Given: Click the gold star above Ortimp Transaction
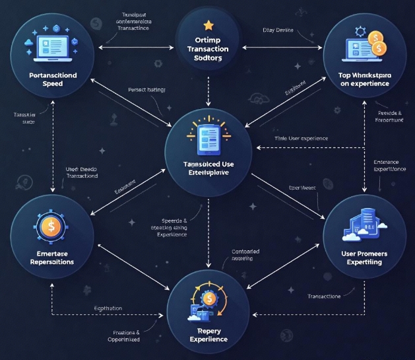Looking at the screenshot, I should [x=208, y=26].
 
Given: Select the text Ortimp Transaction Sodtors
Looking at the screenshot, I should [x=208, y=50].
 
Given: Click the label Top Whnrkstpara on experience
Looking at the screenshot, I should [x=365, y=79].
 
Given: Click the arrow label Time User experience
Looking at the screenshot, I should [x=301, y=139].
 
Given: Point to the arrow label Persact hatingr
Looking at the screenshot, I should [x=146, y=89].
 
